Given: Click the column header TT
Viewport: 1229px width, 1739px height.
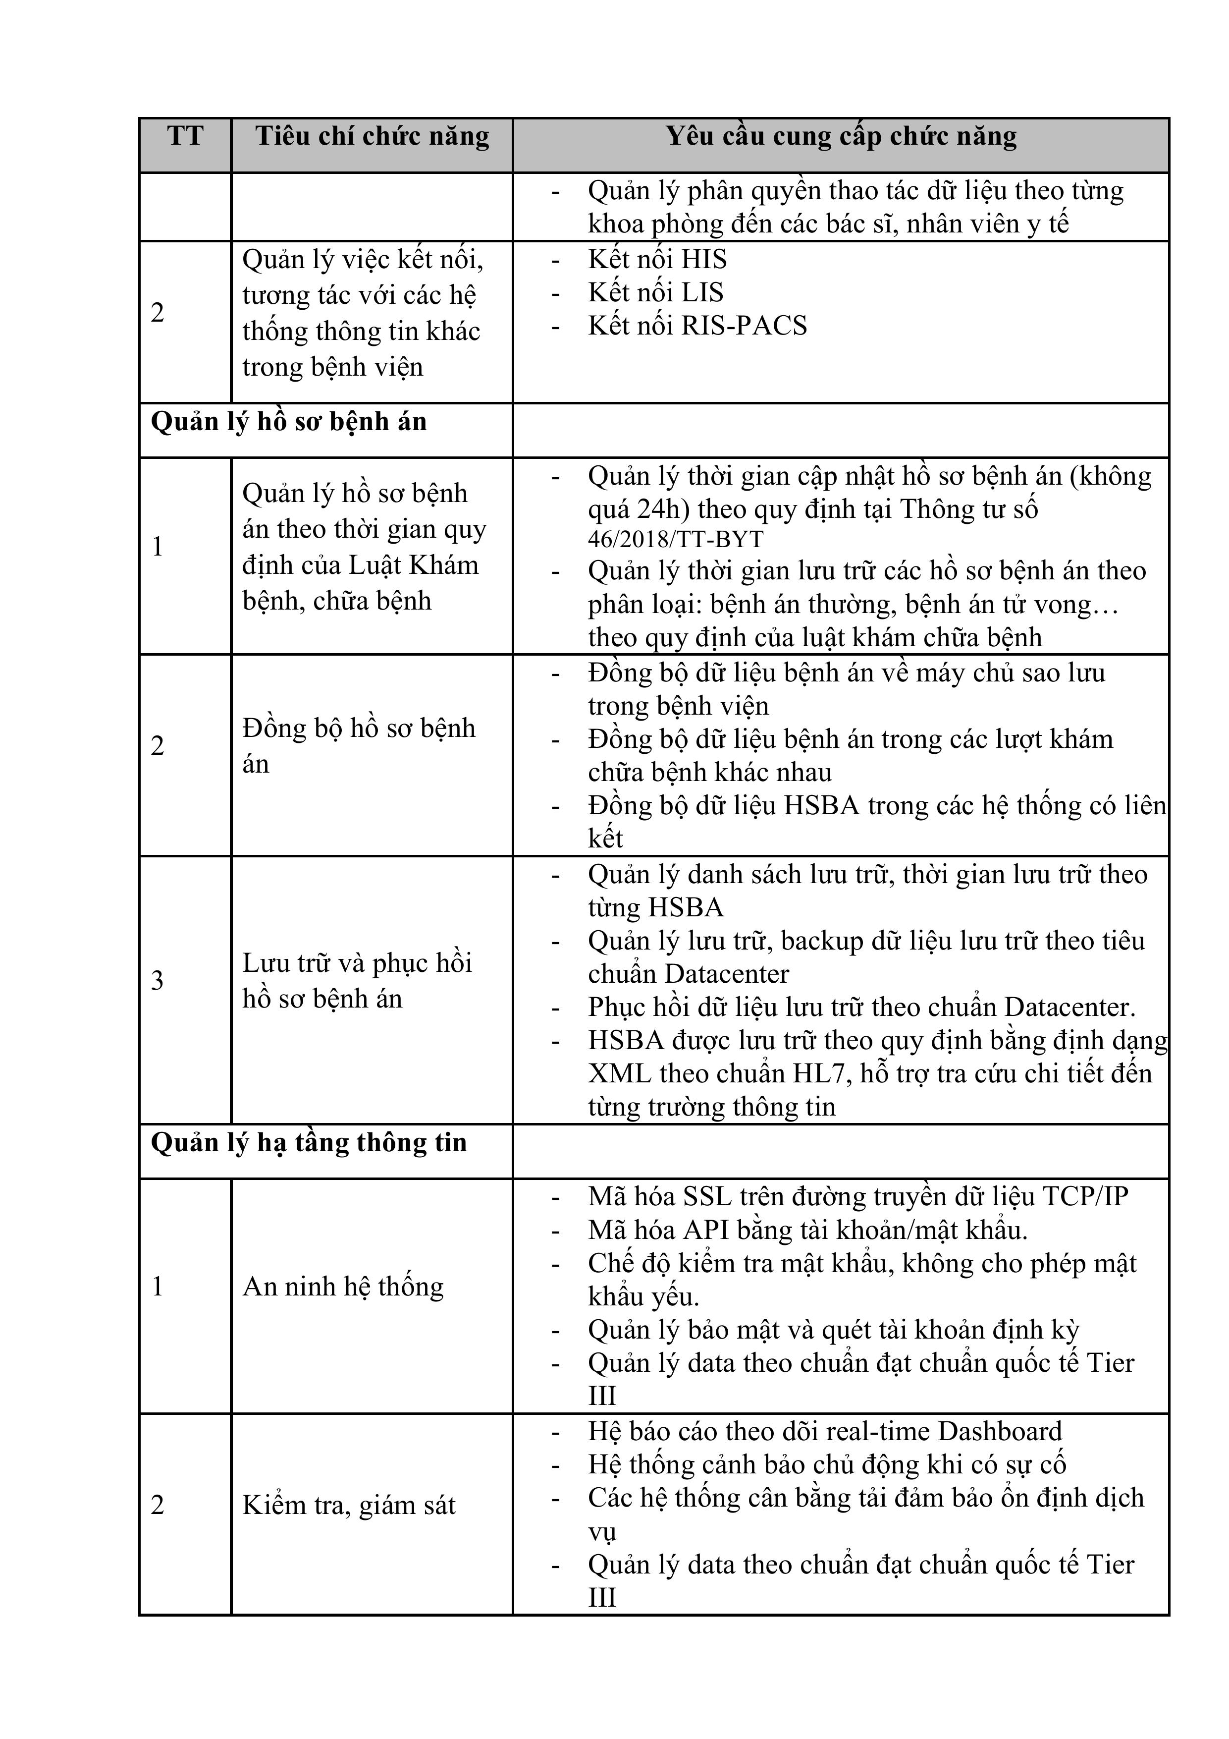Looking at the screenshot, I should [185, 136].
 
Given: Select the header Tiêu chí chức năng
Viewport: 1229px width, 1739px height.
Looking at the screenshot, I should [372, 136].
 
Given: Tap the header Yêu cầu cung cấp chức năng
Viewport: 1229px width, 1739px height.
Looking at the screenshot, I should [841, 136].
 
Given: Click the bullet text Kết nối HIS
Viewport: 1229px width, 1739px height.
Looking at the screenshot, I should [656, 260].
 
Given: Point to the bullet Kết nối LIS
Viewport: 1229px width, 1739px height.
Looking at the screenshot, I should [655, 292].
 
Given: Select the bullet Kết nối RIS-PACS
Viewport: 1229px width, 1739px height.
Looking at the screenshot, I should [696, 326].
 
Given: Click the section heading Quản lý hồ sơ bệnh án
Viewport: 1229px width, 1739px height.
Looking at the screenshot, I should [288, 422].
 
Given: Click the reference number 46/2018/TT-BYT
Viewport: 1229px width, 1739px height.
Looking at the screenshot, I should [676, 539].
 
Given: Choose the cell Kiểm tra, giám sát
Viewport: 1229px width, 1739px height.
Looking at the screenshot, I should [348, 1505].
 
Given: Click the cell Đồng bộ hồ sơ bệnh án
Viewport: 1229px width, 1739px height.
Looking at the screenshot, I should [358, 746].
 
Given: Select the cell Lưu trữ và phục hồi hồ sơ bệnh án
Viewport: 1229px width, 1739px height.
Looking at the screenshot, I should [357, 981].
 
